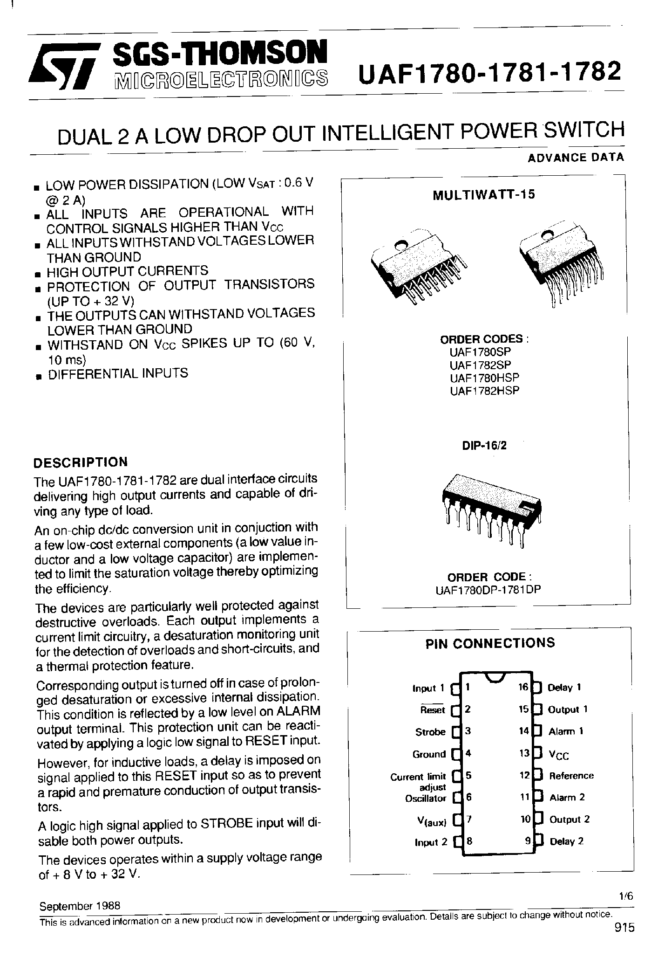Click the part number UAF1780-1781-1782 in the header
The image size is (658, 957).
(488, 72)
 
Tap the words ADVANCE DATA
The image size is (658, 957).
(576, 157)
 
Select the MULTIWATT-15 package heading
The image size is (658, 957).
(484, 194)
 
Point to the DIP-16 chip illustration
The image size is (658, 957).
(491, 508)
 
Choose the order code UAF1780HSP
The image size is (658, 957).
(484, 378)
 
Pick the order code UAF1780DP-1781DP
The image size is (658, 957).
(488, 590)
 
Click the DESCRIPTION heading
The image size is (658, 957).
(81, 462)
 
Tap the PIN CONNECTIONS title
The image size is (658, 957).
(490, 643)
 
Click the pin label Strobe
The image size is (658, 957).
(430, 732)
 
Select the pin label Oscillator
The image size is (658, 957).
(426, 798)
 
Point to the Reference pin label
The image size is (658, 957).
(571, 776)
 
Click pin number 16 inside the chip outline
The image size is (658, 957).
(523, 687)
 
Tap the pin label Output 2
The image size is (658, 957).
(570, 819)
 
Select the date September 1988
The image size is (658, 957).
(80, 906)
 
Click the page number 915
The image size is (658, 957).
(624, 928)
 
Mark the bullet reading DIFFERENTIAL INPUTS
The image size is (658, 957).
(118, 373)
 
